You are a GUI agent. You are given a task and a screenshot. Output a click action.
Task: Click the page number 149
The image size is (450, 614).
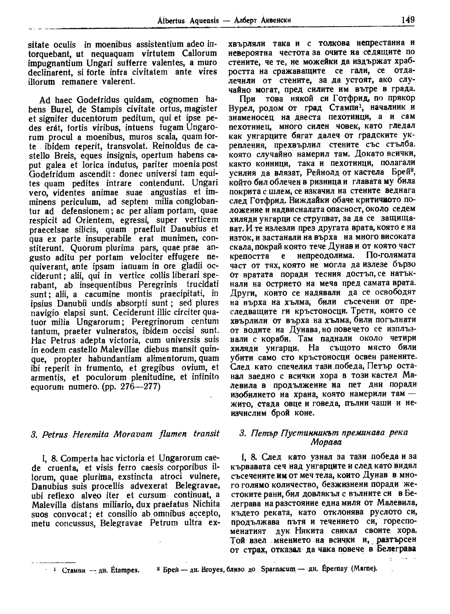click(x=407, y=19)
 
